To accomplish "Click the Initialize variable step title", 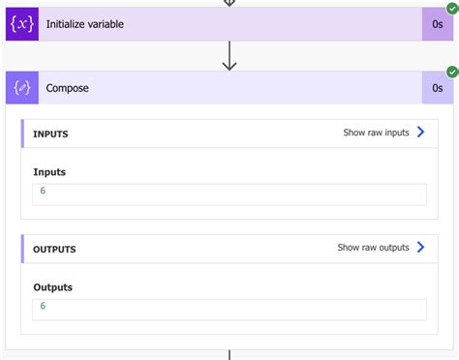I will pyautogui.click(x=85, y=23).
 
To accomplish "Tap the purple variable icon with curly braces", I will pyautogui.click(x=22, y=23).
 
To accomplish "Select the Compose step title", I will pyautogui.click(x=67, y=88).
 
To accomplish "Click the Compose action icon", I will pyautogui.click(x=22, y=88).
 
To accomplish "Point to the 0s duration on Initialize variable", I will pyautogui.click(x=438, y=23).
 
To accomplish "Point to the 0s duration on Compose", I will pyautogui.click(x=438, y=88).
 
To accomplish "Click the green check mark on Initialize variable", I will pyautogui.click(x=452, y=7).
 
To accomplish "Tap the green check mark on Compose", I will pyautogui.click(x=452, y=72).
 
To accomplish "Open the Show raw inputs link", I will pyautogui.click(x=376, y=133).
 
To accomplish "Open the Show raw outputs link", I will pyautogui.click(x=373, y=248).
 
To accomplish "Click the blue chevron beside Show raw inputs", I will pyautogui.click(x=420, y=133).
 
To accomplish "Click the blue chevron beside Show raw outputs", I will pyautogui.click(x=420, y=248).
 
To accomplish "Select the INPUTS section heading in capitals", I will pyautogui.click(x=50, y=134).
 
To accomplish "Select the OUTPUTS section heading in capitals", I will pyautogui.click(x=54, y=249).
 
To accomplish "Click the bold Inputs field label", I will pyautogui.click(x=49, y=172).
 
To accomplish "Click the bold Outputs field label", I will pyautogui.click(x=53, y=287).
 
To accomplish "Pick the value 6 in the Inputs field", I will pyautogui.click(x=43, y=192).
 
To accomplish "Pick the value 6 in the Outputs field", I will pyautogui.click(x=43, y=307).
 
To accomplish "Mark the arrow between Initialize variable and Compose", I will pyautogui.click(x=229, y=56).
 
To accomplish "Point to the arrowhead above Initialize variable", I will pyautogui.click(x=229, y=3).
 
